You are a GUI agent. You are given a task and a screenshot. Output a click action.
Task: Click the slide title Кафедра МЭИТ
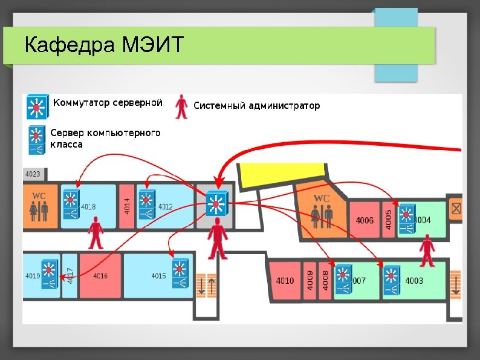103,45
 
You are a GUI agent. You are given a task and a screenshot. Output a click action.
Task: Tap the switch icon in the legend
37,106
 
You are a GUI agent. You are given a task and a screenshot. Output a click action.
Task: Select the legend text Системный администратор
256,106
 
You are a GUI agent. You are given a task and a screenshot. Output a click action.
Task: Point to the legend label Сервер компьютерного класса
105,139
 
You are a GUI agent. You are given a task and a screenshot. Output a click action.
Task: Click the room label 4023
33,174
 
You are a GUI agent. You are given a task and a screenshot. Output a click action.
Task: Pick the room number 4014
127,206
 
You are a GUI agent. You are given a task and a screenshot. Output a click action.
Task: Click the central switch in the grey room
216,204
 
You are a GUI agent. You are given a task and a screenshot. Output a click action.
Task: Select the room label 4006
365,221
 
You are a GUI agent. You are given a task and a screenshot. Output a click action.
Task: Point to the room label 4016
100,276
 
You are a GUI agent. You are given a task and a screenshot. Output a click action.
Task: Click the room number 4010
285,281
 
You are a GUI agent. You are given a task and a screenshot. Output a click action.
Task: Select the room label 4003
415,281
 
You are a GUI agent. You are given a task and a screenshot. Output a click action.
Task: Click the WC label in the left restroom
39,196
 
